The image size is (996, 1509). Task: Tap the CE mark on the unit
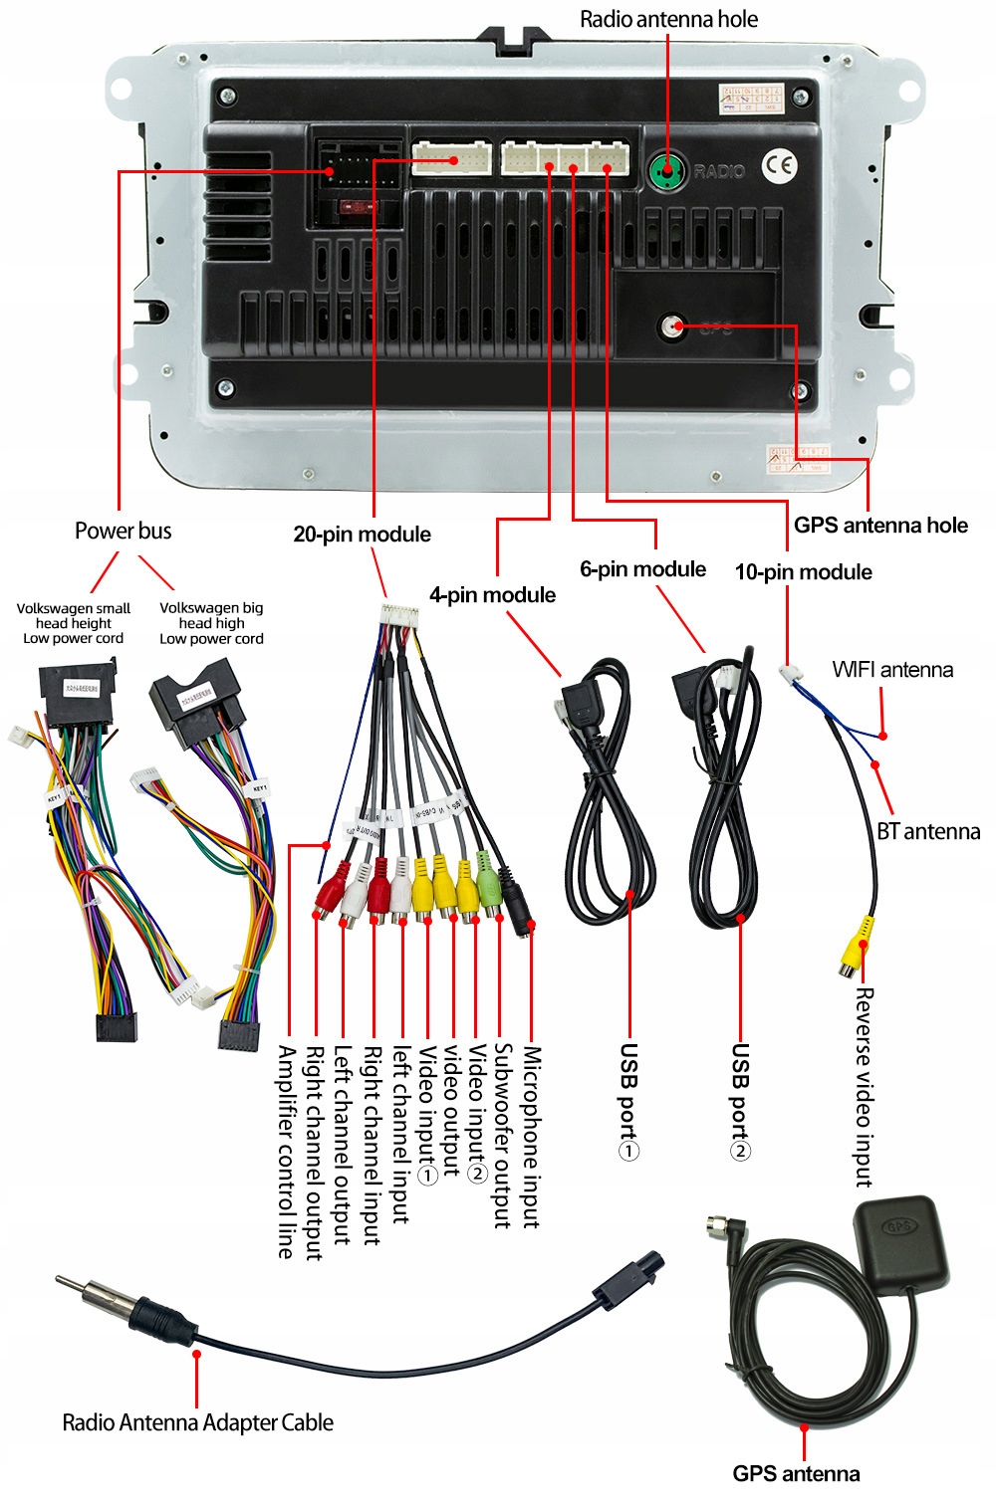[x=779, y=166]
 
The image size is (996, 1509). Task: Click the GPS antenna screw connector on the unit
[x=674, y=326]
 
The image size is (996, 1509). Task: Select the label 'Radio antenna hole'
[x=668, y=19]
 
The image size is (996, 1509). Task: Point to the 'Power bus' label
[x=123, y=531]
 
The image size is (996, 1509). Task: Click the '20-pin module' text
[x=362, y=535]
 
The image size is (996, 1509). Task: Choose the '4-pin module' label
[x=492, y=595]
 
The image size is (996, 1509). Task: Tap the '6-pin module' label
[x=642, y=569]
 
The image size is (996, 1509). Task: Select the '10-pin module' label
[x=803, y=572]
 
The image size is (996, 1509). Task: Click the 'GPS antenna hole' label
[x=880, y=526]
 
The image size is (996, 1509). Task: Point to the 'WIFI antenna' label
[x=892, y=670]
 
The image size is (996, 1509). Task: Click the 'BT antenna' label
[x=928, y=832]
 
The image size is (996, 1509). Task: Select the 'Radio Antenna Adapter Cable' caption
[x=197, y=1422]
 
